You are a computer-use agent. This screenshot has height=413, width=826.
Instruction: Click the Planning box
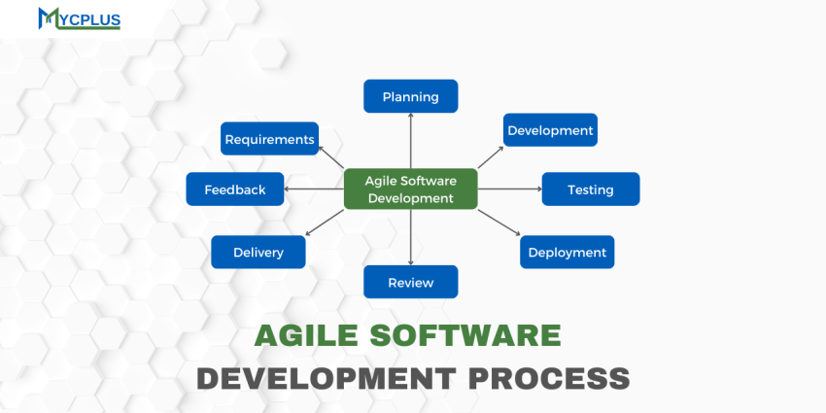coord(410,96)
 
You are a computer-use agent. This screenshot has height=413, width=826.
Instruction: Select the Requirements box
coord(269,139)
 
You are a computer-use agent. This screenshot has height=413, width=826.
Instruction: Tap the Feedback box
coord(234,189)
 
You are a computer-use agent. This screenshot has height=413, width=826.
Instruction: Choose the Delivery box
coord(258,252)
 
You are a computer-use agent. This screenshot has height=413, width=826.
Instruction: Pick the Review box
coord(410,283)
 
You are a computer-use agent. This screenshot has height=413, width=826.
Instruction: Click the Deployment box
coord(567,252)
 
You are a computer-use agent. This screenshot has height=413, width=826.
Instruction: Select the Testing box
coord(590,189)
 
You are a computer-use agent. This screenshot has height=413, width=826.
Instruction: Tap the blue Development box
coord(550,130)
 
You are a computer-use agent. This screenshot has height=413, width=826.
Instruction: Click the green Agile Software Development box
coord(410,189)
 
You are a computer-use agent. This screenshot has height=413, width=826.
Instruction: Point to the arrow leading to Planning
coord(410,140)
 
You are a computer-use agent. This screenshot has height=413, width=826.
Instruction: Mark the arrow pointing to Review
coord(410,237)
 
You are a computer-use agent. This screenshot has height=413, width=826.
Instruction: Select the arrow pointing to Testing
coord(510,189)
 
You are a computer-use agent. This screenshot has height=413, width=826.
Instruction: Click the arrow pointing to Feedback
coord(314,189)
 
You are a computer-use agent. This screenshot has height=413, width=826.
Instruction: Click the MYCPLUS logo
coord(79,18)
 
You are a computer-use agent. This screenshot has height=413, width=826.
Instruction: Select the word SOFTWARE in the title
coord(473,336)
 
